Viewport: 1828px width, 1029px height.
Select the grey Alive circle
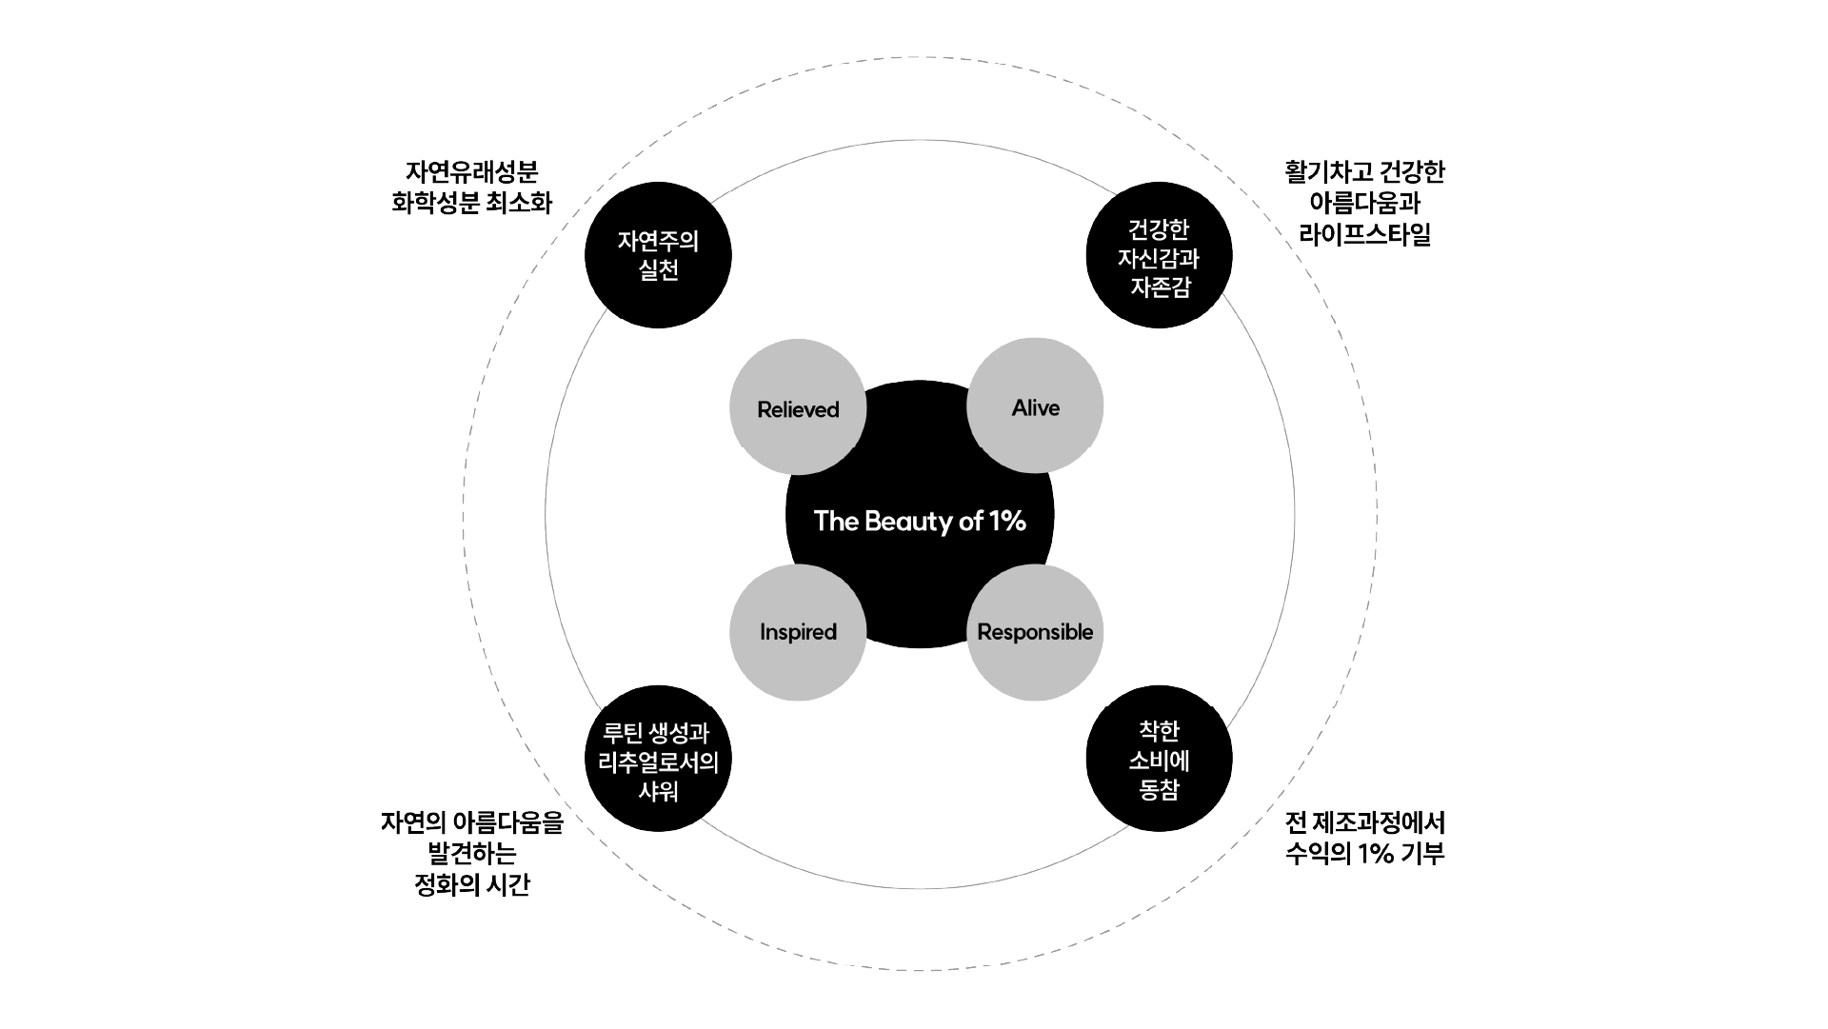coord(1035,406)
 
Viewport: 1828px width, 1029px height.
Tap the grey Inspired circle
coord(798,632)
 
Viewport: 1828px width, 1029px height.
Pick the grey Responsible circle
coord(1035,632)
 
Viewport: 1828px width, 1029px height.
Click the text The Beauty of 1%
coord(920,521)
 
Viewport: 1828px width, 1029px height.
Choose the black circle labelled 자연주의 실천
coord(658,255)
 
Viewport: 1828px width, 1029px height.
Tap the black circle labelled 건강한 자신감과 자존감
coord(1159,255)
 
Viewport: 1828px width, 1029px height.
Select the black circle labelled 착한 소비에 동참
coord(1159,759)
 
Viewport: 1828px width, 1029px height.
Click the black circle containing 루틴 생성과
coord(658,759)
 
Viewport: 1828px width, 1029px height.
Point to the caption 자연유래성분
coord(471,172)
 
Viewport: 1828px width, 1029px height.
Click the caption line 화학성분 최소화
coord(471,203)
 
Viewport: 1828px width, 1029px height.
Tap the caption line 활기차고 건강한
coord(1364,172)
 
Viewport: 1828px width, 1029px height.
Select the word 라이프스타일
coord(1364,234)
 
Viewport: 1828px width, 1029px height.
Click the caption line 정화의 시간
coord(472,884)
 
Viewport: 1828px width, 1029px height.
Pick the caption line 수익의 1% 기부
coord(1364,853)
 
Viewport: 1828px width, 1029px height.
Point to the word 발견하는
coord(472,853)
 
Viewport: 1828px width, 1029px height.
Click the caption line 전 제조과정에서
coord(1364,821)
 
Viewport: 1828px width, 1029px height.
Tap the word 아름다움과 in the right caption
coord(1364,203)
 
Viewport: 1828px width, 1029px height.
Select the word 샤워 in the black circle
coord(658,791)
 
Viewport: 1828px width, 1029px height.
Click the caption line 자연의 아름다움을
coord(472,821)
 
